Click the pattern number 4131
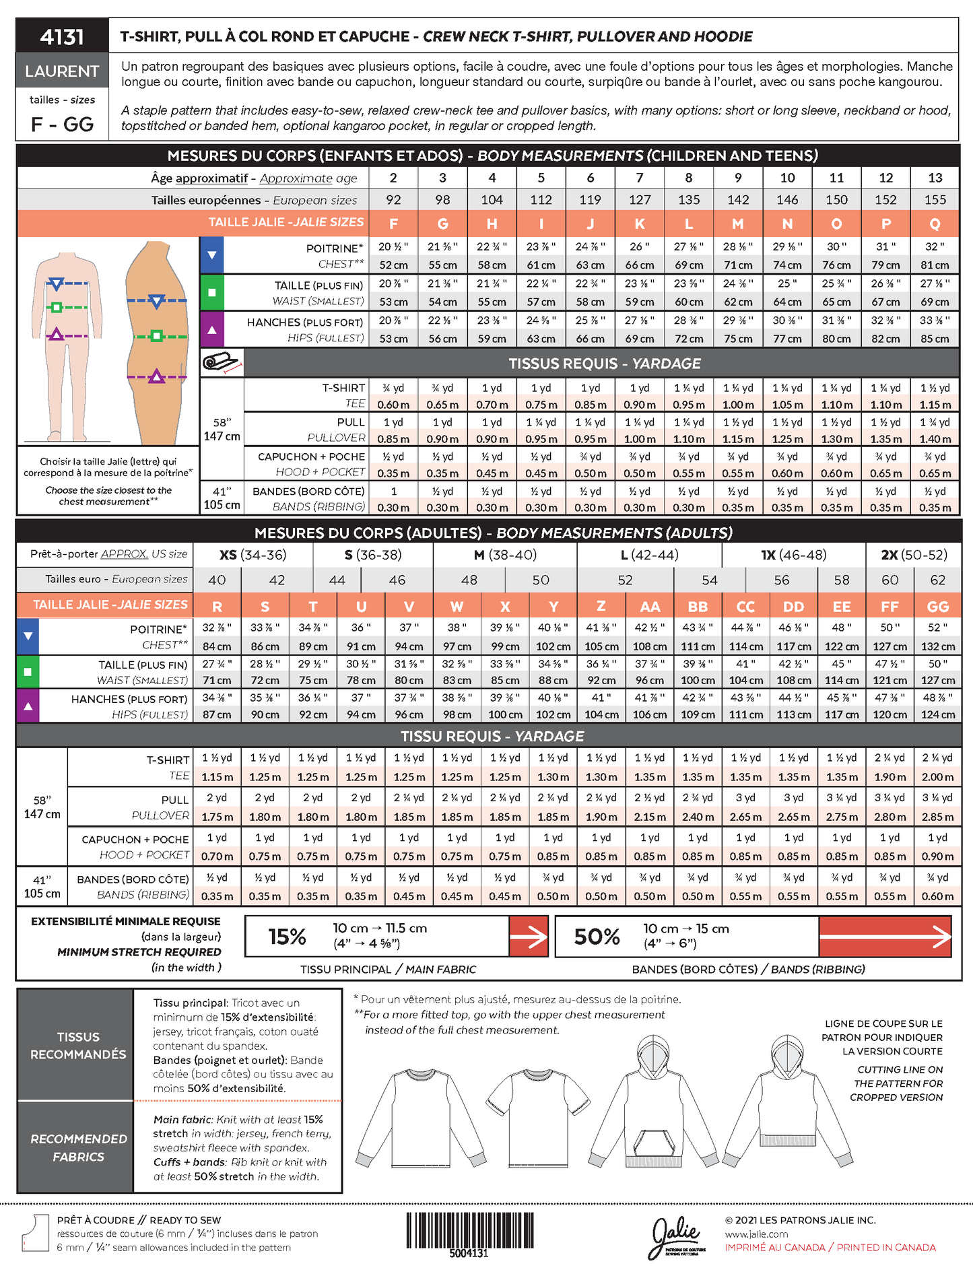point(62,36)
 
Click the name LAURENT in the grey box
point(62,71)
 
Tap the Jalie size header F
point(393,224)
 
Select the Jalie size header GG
point(937,607)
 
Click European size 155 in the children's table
point(935,200)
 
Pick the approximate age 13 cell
point(935,178)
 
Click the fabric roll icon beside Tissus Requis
point(222,363)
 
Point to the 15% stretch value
point(287,937)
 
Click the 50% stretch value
point(597,937)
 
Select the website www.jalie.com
point(756,1234)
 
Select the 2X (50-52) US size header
point(914,555)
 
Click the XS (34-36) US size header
point(253,555)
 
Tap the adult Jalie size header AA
point(649,607)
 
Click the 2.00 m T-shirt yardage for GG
point(937,777)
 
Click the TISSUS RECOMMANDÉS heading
point(78,1046)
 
